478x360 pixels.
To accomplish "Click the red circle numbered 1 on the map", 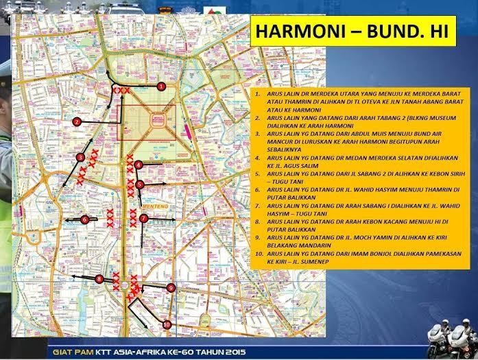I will coord(161,86).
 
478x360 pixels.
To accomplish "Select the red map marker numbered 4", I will coord(139,165).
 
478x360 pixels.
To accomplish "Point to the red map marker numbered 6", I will coord(85,219).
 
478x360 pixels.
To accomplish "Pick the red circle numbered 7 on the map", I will coord(143,218).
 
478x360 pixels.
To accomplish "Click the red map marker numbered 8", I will coord(99,279).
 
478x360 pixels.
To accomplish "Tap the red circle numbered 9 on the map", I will coord(171,288).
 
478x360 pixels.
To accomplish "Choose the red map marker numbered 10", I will coord(167,324).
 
